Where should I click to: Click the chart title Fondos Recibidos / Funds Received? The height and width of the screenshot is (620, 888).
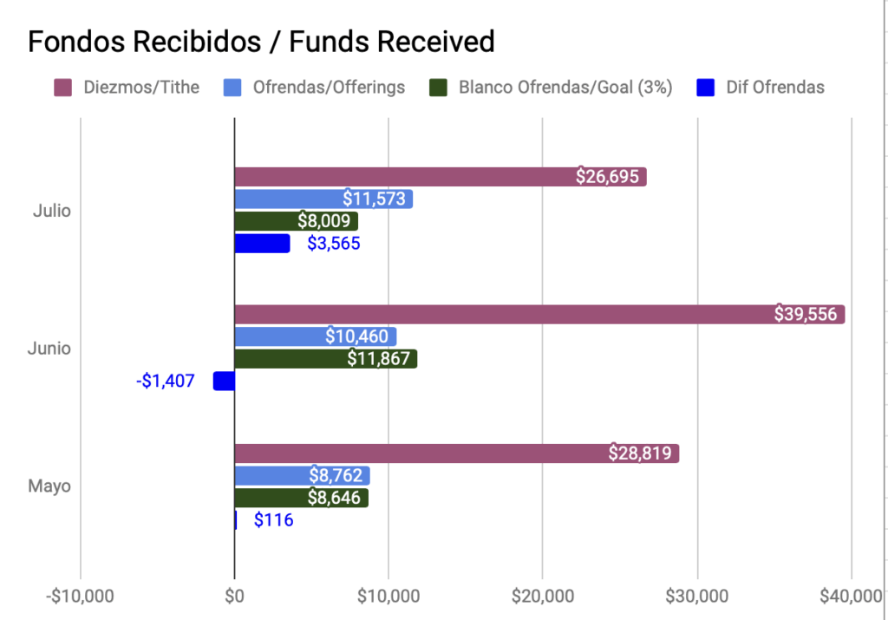coord(261,41)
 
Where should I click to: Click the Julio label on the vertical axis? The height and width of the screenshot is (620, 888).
coord(51,210)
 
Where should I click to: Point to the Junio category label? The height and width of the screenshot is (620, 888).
coord(49,348)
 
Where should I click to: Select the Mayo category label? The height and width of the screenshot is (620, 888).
coord(49,486)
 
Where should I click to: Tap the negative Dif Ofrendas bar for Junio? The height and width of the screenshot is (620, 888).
coord(224,381)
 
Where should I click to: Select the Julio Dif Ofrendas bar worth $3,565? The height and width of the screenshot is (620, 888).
coord(262,244)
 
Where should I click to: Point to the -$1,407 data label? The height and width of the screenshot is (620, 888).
coord(166,381)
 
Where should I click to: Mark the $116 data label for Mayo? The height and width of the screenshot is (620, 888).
coord(273,520)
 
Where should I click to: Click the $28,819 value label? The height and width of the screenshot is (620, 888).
coord(641,453)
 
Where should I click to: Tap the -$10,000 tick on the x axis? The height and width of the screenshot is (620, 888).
coord(80,597)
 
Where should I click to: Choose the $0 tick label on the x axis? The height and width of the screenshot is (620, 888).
coord(234,597)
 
